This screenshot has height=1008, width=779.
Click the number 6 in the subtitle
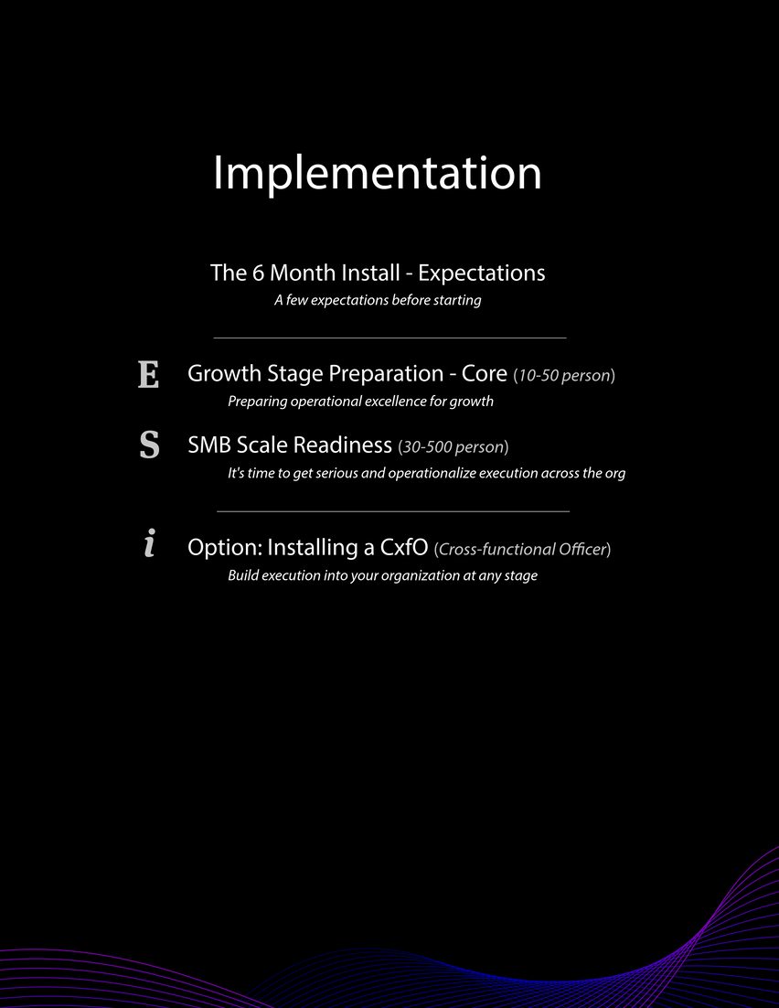pos(259,273)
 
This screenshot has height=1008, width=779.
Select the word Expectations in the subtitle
pos(482,273)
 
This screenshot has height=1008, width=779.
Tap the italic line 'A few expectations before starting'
pos(378,300)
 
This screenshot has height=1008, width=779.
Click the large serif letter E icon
pos(148,374)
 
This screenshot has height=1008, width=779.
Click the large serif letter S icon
pos(149,445)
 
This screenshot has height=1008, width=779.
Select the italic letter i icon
pos(149,542)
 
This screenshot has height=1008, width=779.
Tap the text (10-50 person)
pos(564,375)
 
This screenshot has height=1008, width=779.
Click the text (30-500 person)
pos(454,446)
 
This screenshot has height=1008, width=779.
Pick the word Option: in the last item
pos(225,547)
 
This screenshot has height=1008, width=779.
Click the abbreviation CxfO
pos(403,547)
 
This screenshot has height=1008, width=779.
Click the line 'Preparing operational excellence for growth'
pos(360,402)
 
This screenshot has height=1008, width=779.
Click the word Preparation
pos(386,374)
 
